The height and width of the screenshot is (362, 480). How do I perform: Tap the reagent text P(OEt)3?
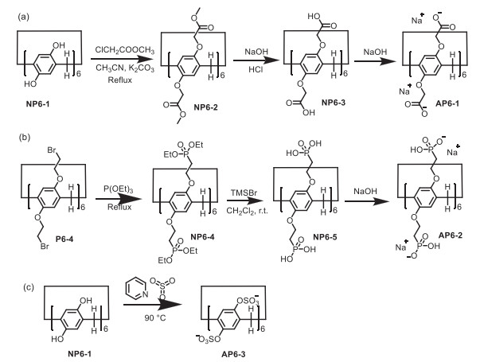pos(119,192)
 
